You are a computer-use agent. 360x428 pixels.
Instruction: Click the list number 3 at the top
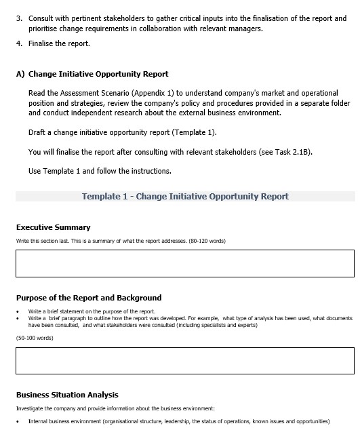(x=18, y=18)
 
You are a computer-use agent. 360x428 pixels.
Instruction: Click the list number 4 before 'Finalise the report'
(x=18, y=43)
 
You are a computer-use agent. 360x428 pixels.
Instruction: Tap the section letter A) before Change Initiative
(x=20, y=74)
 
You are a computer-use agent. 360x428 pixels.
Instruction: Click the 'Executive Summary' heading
(x=53, y=227)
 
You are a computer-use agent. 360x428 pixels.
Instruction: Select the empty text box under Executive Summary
(x=184, y=263)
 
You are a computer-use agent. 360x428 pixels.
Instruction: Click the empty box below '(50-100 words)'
(x=184, y=361)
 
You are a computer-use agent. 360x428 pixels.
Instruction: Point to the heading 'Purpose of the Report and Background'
(x=89, y=297)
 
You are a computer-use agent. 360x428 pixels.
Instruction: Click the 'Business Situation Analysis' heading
(x=67, y=395)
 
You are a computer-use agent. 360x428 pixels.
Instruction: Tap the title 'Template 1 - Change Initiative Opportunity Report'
(x=185, y=197)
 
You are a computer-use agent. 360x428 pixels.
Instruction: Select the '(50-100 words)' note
(x=35, y=338)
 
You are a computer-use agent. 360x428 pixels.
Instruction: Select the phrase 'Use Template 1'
(x=57, y=171)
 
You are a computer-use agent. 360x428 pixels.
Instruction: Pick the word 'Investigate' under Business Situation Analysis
(x=31, y=408)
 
